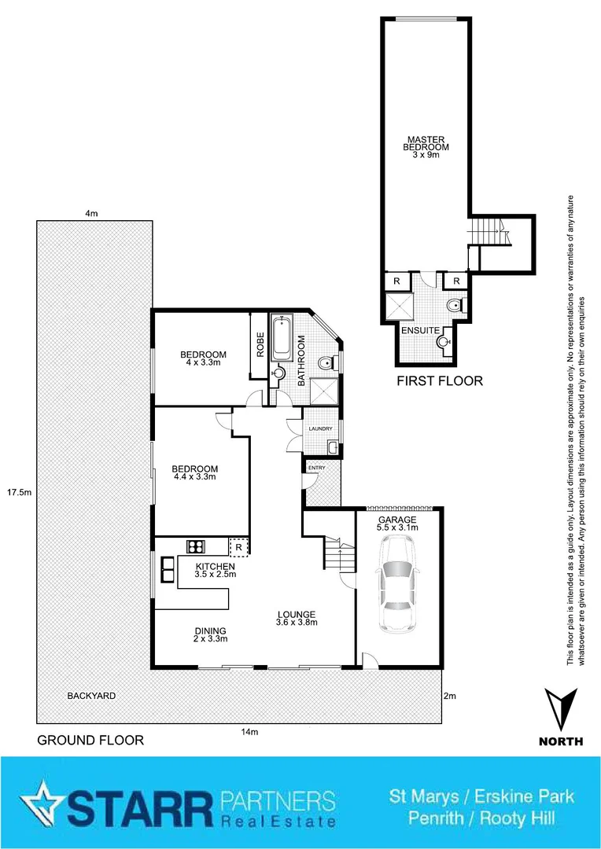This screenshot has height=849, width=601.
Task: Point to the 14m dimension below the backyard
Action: [x=249, y=733]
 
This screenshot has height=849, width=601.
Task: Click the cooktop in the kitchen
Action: [x=196, y=546]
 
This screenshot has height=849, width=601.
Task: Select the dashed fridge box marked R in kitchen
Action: [x=238, y=546]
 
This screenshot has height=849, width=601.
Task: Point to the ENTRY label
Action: [x=316, y=469]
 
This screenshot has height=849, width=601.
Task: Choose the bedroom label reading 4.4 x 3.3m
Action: [x=194, y=472]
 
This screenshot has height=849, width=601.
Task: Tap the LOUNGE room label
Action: [x=296, y=619]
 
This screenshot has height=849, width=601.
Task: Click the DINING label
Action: [x=210, y=634]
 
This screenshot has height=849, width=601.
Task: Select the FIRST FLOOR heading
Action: [x=440, y=382]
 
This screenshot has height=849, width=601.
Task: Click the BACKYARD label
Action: [x=91, y=696]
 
